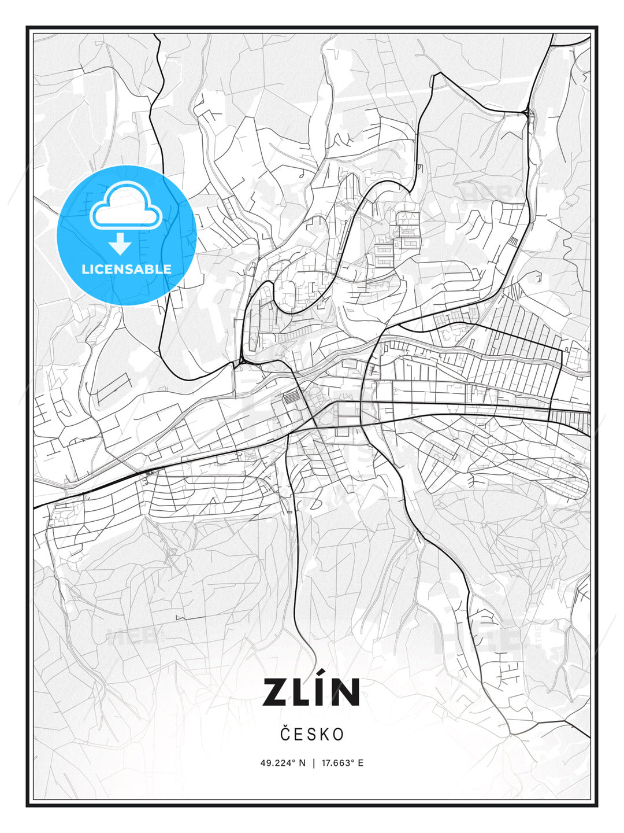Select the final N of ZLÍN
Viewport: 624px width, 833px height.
346,692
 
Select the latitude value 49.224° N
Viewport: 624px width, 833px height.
283,763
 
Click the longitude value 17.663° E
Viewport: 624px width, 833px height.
343,763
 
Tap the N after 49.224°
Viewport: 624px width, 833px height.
302,763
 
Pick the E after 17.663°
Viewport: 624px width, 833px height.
361,763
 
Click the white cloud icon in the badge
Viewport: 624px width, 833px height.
125,206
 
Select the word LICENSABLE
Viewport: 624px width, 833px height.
127,269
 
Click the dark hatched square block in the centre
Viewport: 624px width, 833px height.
292,397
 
